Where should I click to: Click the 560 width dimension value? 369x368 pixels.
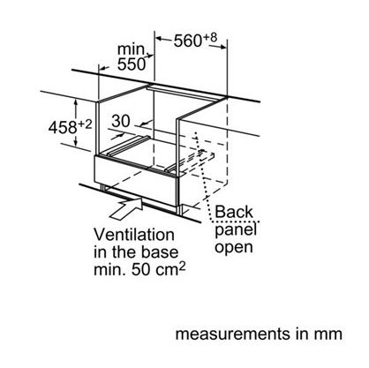click(x=188, y=41)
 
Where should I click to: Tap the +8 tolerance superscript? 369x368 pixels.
click(x=210, y=38)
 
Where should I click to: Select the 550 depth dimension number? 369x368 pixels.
click(x=132, y=64)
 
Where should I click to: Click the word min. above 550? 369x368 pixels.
click(x=132, y=49)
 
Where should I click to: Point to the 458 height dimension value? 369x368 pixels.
click(x=63, y=128)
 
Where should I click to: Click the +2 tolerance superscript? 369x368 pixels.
click(x=85, y=124)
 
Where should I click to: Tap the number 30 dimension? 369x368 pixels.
click(x=121, y=121)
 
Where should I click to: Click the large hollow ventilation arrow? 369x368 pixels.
click(x=126, y=208)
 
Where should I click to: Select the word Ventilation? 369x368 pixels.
click(x=134, y=235)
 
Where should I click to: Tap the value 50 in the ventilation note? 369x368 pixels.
click(x=141, y=270)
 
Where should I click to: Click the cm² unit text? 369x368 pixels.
click(x=170, y=269)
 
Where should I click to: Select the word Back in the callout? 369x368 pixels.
click(x=234, y=212)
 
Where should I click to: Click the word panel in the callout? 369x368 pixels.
click(x=236, y=230)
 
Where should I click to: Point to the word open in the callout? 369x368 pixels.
click(x=234, y=248)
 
